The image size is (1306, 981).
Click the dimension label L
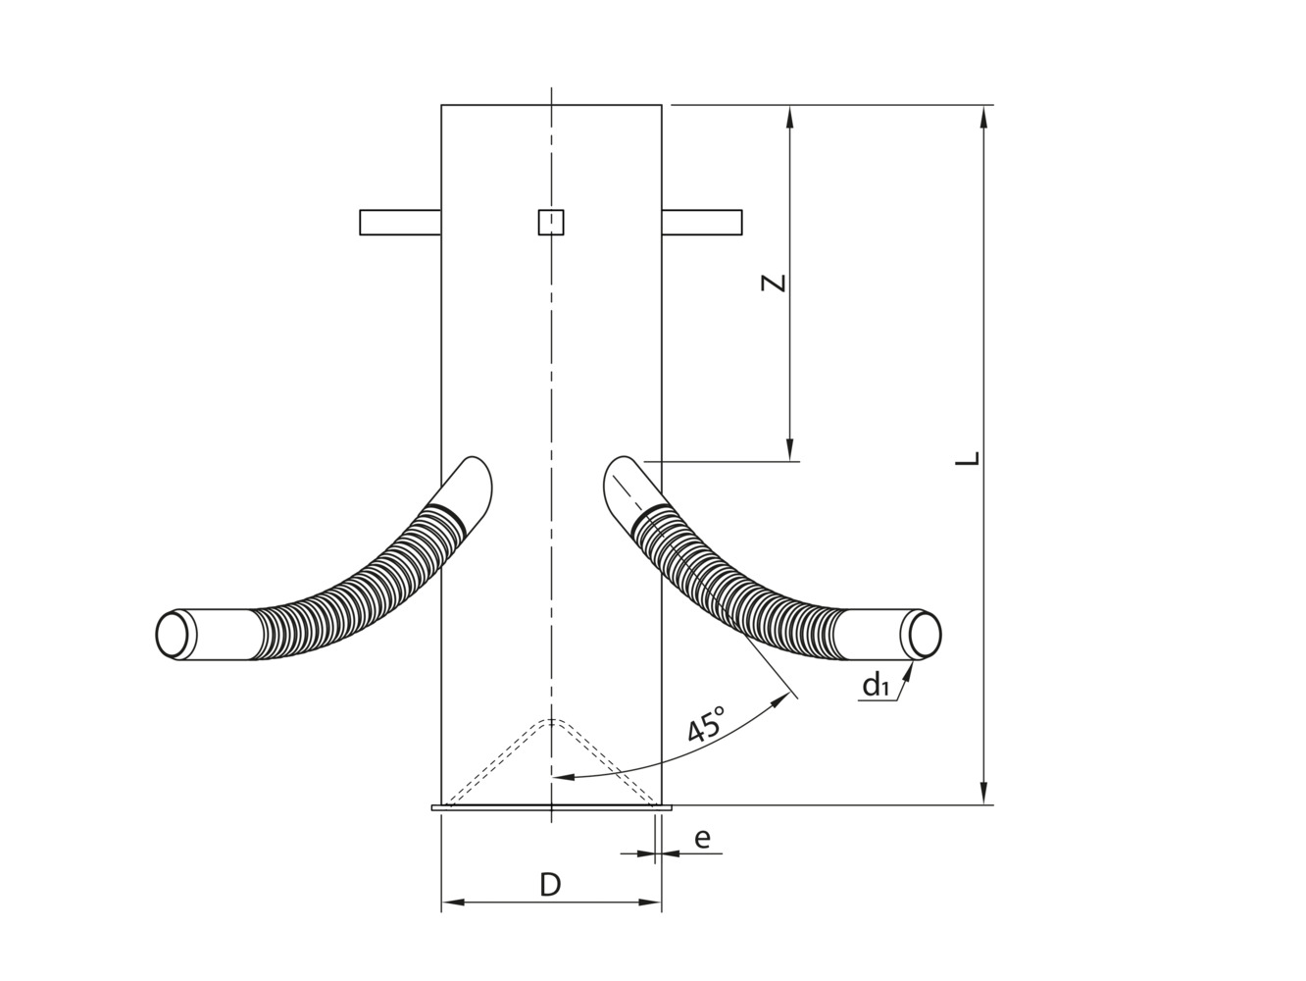(x=969, y=459)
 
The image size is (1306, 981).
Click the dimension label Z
(x=775, y=283)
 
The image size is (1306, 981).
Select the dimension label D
(x=551, y=885)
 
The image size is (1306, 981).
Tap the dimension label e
(x=702, y=839)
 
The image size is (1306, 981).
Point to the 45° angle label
(x=707, y=725)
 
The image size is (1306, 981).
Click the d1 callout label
(x=876, y=686)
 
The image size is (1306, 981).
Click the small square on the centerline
(x=551, y=223)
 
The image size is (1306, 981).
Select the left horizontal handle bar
(x=400, y=223)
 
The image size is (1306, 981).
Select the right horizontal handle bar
(x=701, y=223)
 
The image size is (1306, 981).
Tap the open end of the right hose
(x=924, y=634)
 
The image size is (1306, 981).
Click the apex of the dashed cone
(x=552, y=721)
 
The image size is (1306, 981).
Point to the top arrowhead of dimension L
(x=984, y=114)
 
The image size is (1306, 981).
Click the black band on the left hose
(x=447, y=514)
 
